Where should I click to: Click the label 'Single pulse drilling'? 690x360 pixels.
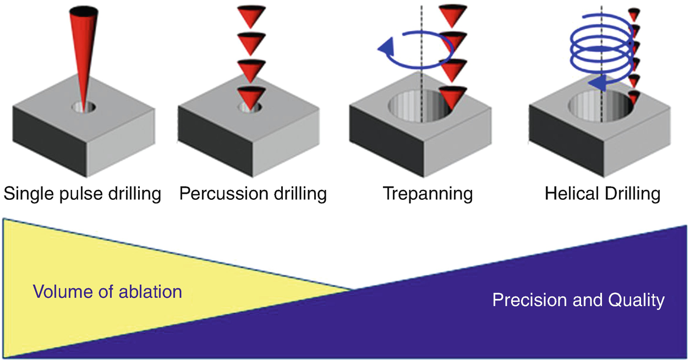point(82,194)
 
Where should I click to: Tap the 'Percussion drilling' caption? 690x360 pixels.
point(253,194)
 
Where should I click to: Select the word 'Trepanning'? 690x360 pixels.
point(428,194)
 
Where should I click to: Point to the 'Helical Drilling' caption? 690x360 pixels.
point(603,194)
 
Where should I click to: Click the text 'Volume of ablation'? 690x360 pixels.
point(107,291)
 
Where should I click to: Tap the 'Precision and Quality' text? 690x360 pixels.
point(578,300)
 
